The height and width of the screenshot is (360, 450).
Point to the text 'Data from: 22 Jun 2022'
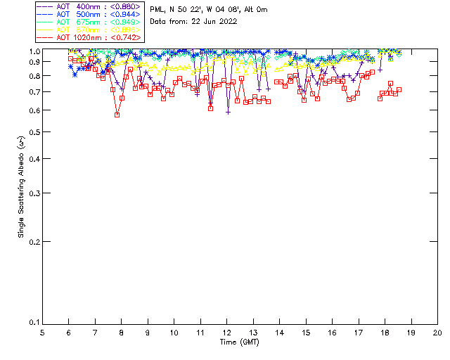193,21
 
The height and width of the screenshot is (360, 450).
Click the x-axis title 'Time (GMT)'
240,342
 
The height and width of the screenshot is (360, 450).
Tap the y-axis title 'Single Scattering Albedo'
21,186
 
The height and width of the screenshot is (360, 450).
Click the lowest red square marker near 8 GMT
117,115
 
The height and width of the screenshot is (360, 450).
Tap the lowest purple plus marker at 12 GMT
228,112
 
